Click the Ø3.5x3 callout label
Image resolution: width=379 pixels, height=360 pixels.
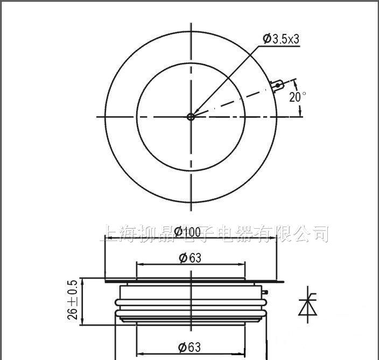coord(280,39)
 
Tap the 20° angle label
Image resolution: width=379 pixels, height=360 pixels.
coord(298,97)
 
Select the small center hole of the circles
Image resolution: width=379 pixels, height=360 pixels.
coord(191,116)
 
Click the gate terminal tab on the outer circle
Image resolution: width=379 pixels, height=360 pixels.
coord(278,86)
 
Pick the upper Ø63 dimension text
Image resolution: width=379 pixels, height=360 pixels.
coord(189,258)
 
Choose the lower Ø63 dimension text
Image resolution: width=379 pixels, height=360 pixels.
coord(189,347)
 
